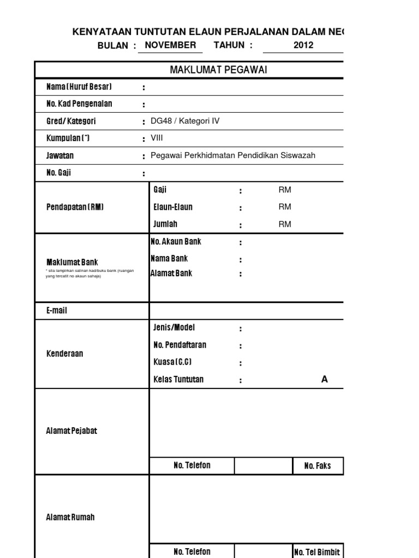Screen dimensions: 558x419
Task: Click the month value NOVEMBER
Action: tap(170, 45)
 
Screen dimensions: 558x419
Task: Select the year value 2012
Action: tap(303, 45)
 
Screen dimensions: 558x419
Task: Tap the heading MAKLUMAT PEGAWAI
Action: tap(218, 70)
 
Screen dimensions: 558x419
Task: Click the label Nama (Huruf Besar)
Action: tap(79, 87)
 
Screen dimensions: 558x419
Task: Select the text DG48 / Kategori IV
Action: tap(185, 121)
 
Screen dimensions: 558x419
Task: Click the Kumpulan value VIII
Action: tap(157, 138)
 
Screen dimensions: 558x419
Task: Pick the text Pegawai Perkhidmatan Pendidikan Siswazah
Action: tap(233, 155)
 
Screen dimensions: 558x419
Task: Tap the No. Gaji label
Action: tap(59, 173)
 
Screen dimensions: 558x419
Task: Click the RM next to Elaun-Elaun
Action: tap(285, 207)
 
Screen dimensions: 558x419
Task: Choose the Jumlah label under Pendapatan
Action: tap(165, 224)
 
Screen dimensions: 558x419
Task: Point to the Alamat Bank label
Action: tap(171, 274)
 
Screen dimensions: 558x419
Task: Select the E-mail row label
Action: tap(57, 311)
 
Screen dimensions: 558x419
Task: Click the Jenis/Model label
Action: tap(174, 327)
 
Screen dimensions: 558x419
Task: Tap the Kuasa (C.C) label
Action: tap(172, 362)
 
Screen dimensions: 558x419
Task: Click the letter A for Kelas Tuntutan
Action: tap(325, 379)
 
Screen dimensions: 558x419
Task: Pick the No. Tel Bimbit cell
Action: tap(317, 552)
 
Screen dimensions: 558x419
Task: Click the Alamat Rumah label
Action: tap(70, 517)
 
